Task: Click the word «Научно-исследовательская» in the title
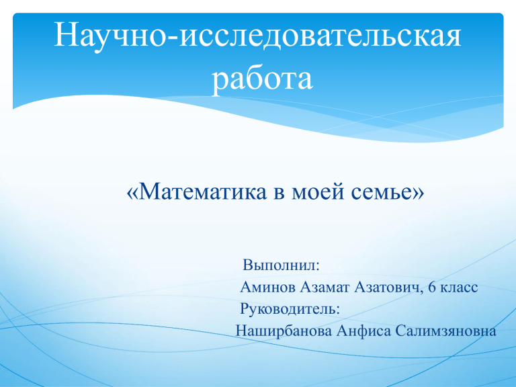[x=258, y=35]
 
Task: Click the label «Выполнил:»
[x=281, y=265]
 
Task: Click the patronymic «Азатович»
[x=388, y=288]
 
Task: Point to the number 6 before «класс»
[x=432, y=288]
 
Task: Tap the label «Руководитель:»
[x=290, y=310]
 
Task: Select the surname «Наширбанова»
[x=284, y=331]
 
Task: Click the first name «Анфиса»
[x=363, y=331]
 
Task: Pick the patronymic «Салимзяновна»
[x=445, y=331]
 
